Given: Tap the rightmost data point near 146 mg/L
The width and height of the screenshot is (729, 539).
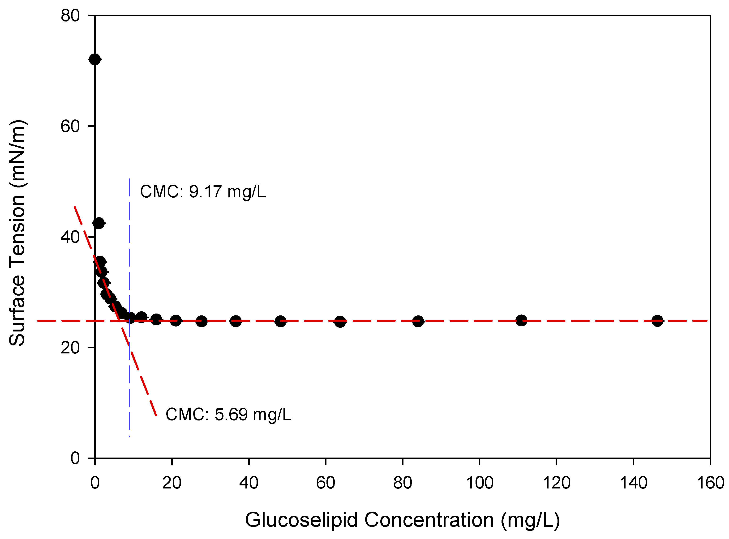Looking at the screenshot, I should pyautogui.click(x=657, y=321).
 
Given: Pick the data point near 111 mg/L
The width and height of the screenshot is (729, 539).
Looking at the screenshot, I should pyautogui.click(x=521, y=321).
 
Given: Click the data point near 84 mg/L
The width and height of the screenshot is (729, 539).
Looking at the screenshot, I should pyautogui.click(x=418, y=321).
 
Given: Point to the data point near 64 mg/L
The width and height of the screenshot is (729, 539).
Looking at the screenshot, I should pyautogui.click(x=340, y=322).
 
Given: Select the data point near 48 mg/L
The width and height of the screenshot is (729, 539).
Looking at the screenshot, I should pyautogui.click(x=280, y=321).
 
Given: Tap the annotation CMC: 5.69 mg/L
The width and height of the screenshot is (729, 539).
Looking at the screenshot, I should pyautogui.click(x=228, y=415).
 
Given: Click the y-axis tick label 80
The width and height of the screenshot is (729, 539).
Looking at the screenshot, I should pyautogui.click(x=70, y=16).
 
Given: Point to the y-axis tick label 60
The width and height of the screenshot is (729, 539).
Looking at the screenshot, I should pyautogui.click(x=70, y=126).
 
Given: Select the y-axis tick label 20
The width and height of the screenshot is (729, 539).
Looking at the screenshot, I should pyautogui.click(x=70, y=348).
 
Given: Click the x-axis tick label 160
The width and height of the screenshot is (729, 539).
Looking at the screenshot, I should pyautogui.click(x=710, y=483).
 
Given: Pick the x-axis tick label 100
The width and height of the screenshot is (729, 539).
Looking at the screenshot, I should pyautogui.click(x=479, y=483).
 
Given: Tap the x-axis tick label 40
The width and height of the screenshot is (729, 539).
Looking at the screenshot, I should pyautogui.click(x=249, y=483).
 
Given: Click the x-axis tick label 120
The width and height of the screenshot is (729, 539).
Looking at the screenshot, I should pyautogui.click(x=556, y=483).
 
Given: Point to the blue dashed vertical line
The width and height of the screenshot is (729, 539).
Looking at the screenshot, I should pyautogui.click(x=129, y=261).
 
